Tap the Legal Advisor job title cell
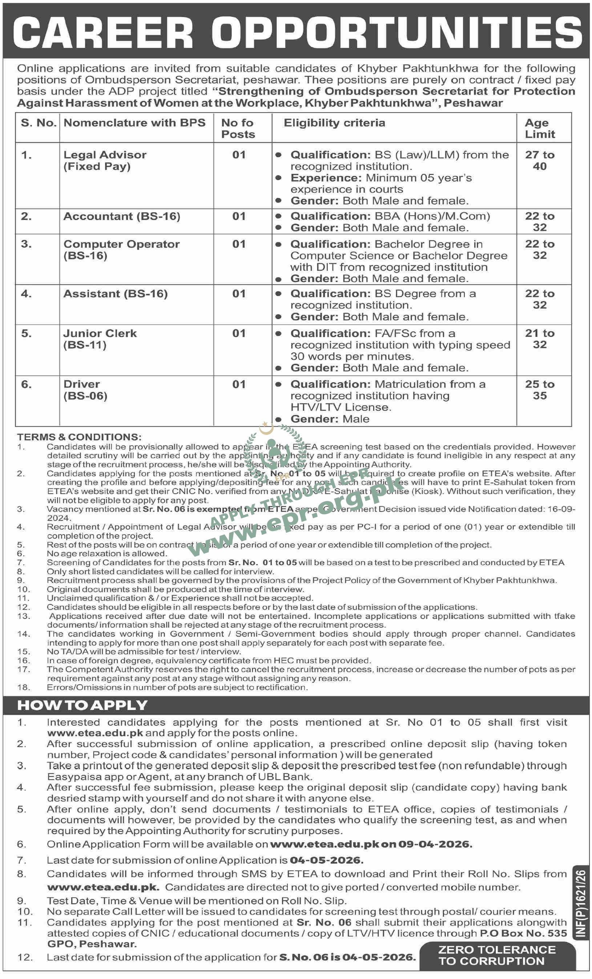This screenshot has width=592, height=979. [x=105, y=161]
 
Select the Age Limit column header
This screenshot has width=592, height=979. [x=539, y=128]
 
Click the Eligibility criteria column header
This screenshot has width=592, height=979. [x=334, y=123]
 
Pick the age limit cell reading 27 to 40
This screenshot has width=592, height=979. [x=539, y=161]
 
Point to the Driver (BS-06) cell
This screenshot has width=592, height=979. [x=85, y=390]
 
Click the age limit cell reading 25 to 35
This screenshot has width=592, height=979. [x=539, y=390]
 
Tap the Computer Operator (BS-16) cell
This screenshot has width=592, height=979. [x=121, y=250]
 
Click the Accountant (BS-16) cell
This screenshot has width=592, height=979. [x=122, y=216]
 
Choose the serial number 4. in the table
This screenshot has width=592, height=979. [x=26, y=294]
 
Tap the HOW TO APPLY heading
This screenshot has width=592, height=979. [x=82, y=705]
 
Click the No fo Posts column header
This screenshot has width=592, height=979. [x=238, y=128]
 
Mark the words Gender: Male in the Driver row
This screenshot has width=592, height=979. [x=330, y=419]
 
